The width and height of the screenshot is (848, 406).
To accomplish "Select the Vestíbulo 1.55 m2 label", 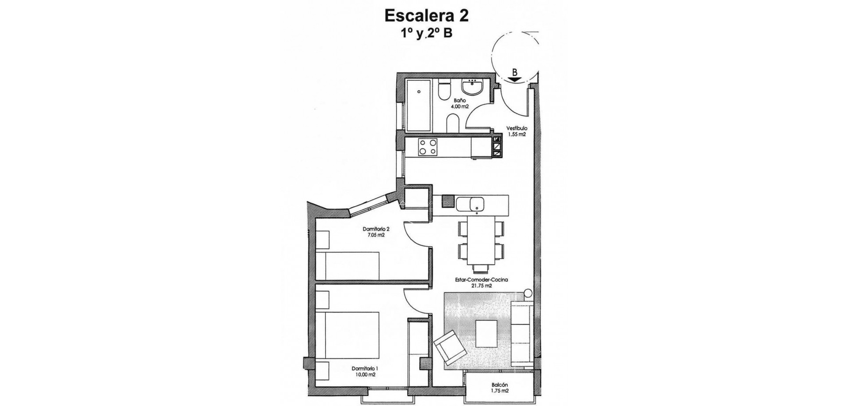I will (x=516, y=132).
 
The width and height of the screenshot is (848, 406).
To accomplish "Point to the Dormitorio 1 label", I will (x=364, y=372).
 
